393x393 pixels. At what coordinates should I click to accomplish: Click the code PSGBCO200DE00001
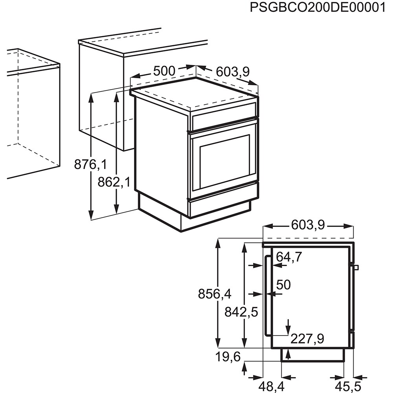[x=318, y=8]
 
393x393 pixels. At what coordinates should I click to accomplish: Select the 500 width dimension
[x=164, y=71]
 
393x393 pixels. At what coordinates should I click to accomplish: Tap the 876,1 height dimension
[x=90, y=164]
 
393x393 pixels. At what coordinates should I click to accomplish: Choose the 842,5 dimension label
[x=241, y=312]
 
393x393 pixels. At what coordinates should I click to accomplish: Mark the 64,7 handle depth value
[x=289, y=257]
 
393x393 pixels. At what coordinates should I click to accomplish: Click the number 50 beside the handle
[x=283, y=285]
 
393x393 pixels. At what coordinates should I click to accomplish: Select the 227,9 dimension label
[x=307, y=339]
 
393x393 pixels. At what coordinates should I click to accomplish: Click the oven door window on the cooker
[x=224, y=161]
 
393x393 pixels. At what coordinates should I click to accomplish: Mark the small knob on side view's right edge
[x=356, y=268]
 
